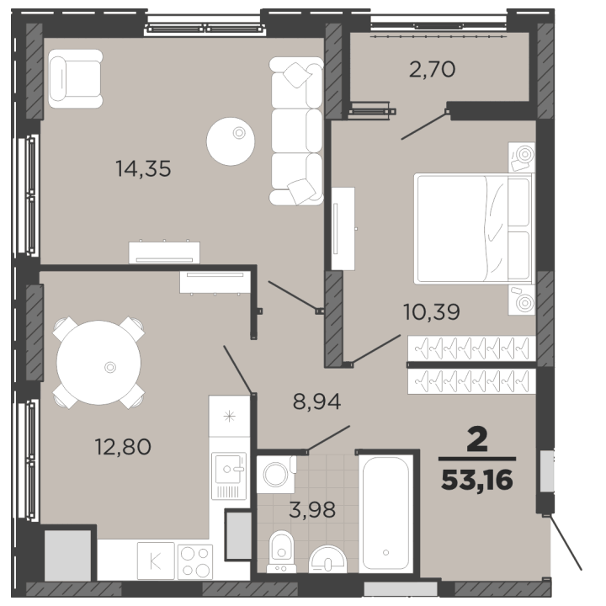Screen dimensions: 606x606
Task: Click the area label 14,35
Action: click(143, 169)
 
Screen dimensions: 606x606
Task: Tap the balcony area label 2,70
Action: click(432, 70)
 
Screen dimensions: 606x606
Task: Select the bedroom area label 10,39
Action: click(431, 311)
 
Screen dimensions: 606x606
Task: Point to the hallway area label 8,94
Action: click(316, 401)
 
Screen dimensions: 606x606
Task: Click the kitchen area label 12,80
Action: click(123, 447)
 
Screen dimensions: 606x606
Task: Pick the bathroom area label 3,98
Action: click(312, 510)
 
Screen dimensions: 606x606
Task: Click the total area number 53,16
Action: click(477, 480)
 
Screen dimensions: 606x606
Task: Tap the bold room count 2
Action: click(477, 440)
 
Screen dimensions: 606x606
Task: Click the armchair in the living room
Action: click(76, 78)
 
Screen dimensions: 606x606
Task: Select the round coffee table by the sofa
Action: click(231, 141)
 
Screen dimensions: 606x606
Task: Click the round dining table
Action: click(99, 363)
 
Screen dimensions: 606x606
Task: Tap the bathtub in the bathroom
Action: click(385, 513)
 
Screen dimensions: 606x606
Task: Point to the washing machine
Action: click(276, 474)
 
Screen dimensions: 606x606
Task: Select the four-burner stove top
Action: click(195, 562)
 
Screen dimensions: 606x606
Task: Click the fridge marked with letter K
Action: click(156, 561)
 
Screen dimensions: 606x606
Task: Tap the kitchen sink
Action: click(229, 476)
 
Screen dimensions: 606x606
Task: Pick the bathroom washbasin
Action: click(327, 559)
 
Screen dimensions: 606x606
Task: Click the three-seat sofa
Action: click(296, 131)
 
